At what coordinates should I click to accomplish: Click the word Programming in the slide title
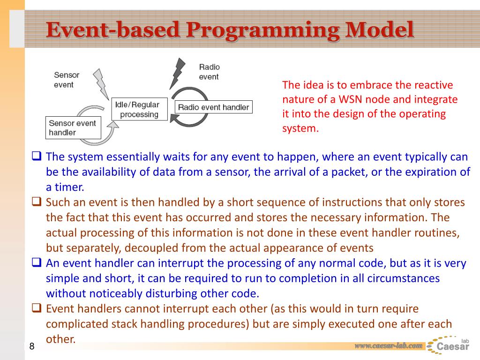(262, 31)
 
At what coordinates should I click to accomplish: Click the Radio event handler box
(213, 107)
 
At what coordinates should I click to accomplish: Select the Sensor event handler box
(73, 128)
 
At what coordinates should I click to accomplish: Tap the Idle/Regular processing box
(137, 110)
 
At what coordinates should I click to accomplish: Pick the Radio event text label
(209, 72)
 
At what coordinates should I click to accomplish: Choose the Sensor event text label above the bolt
(67, 80)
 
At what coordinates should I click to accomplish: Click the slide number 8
(32, 347)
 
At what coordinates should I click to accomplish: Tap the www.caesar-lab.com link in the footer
(388, 346)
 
